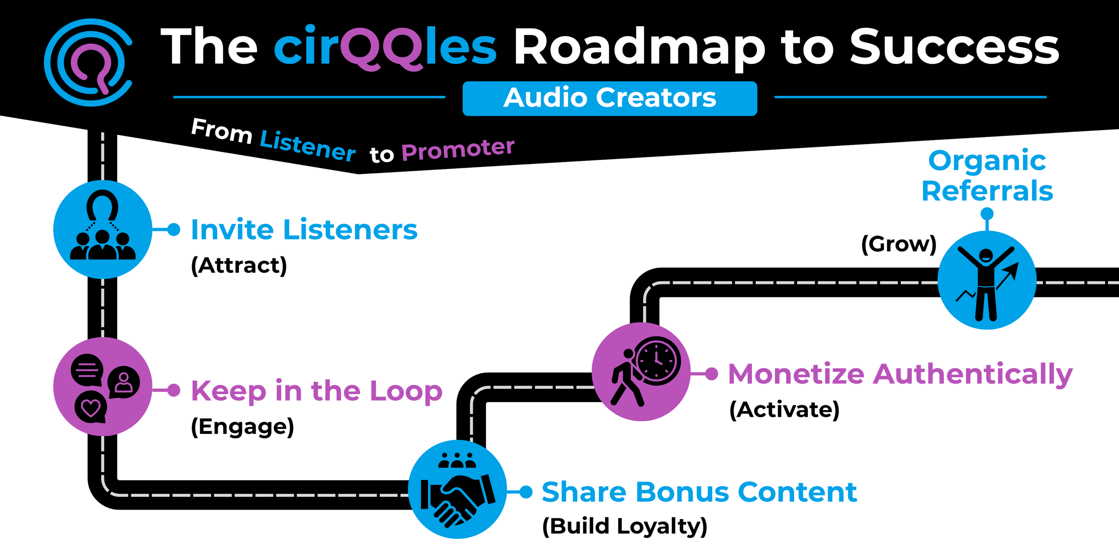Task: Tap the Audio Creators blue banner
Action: [x=610, y=98]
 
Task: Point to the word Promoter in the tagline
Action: [x=458, y=149]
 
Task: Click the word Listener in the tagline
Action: [x=308, y=146]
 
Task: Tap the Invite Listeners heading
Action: [x=304, y=230]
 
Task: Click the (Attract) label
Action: [x=239, y=266]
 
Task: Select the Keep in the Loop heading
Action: [x=317, y=392]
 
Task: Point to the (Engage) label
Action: [x=243, y=427]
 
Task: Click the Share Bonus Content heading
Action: [x=699, y=492]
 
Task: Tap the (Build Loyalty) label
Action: [x=625, y=526]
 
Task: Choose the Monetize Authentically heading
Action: [x=901, y=375]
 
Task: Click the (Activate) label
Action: [x=784, y=410]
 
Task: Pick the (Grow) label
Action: [x=899, y=245]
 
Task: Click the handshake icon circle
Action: [x=457, y=489]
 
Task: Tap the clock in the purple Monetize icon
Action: [x=657, y=360]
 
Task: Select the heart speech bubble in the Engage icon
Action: [x=91, y=407]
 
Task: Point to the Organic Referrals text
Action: [x=987, y=176]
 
